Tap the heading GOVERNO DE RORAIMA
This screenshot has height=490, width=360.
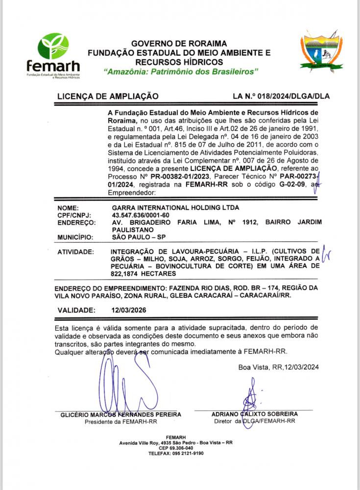point(179,43)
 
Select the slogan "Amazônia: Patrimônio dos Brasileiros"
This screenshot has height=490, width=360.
point(181,72)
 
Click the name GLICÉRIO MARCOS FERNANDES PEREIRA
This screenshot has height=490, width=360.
point(120,414)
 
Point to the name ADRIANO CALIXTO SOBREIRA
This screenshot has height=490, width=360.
point(254,414)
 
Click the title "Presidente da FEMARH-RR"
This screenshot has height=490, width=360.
point(120,421)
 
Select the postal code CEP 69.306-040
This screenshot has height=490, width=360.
point(175,448)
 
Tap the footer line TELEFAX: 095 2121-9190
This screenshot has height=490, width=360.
point(175,453)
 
